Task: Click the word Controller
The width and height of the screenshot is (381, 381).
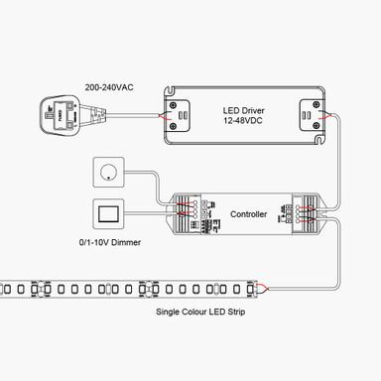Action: (249, 213)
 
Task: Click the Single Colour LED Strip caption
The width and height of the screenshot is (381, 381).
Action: (201, 312)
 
